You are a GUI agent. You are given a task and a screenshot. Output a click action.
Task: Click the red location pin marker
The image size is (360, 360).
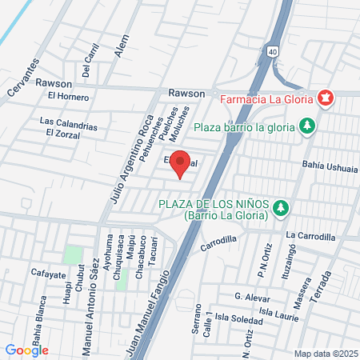point(181,162)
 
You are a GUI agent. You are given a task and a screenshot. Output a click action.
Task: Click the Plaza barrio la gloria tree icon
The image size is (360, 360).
point(305,126)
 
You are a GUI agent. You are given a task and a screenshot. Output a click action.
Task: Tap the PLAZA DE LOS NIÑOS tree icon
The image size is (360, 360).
point(280,208)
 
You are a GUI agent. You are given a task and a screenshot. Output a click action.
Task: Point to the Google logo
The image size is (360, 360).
point(27,350)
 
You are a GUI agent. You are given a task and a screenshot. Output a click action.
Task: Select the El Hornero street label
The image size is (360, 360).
point(68,97)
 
